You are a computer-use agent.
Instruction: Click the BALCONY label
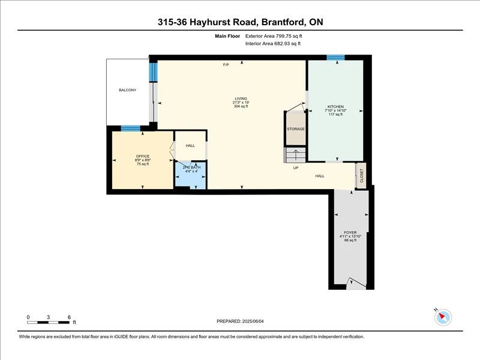(x=128, y=90)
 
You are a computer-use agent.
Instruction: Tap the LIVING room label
(x=241, y=98)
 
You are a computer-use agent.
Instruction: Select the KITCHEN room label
(x=335, y=107)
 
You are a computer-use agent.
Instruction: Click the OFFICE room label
(x=143, y=156)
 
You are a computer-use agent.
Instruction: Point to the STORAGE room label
(x=296, y=129)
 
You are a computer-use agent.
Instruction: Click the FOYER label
(x=350, y=233)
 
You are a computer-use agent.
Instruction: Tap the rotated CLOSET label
(x=362, y=176)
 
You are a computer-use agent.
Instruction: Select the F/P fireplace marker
(x=226, y=65)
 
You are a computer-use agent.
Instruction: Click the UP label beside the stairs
(x=296, y=168)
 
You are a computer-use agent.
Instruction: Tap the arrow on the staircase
(x=296, y=155)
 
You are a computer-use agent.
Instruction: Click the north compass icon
(x=443, y=317)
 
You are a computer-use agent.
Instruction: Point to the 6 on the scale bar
(x=69, y=317)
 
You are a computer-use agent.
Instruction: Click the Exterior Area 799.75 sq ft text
(x=274, y=36)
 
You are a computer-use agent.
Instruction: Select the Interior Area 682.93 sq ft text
(x=273, y=43)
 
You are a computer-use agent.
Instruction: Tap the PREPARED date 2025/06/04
(x=253, y=321)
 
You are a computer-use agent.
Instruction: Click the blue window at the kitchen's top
(x=335, y=57)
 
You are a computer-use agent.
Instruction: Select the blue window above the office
(x=131, y=128)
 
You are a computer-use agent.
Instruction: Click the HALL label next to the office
(x=190, y=146)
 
